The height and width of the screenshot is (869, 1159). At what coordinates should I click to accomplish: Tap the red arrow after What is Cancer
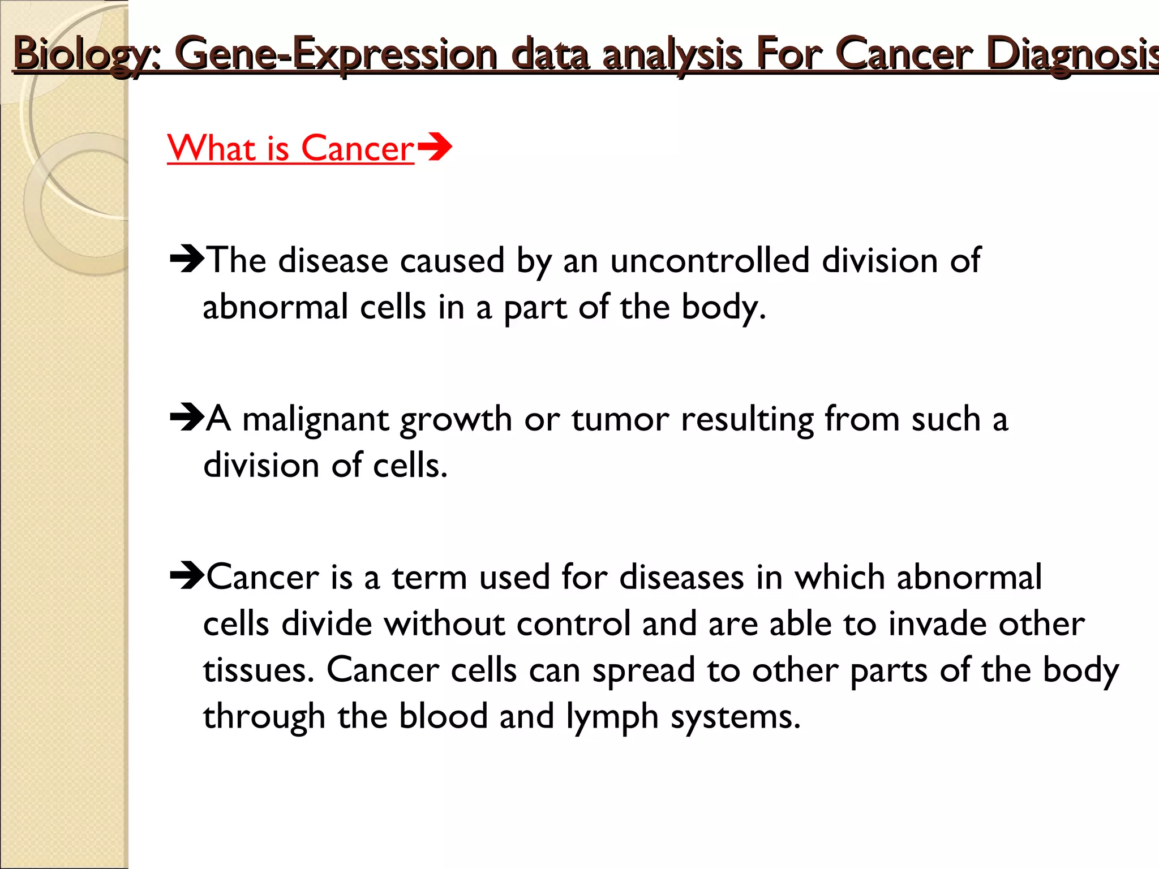coord(435,148)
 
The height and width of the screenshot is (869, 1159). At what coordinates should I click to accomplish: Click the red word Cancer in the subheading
coord(357,149)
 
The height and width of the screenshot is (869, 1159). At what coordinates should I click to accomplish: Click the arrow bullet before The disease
coord(187,260)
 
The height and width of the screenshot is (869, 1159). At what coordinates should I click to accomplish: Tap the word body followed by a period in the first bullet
coord(723,307)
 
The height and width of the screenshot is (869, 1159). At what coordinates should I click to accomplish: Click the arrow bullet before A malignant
coord(187,418)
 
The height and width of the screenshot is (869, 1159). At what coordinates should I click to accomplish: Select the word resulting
coord(747,420)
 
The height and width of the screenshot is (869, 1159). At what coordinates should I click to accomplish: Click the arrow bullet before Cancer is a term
coord(187,577)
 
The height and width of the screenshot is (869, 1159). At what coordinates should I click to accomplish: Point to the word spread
coord(643,672)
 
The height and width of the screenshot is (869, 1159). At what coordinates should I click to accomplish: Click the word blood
coord(443,717)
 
